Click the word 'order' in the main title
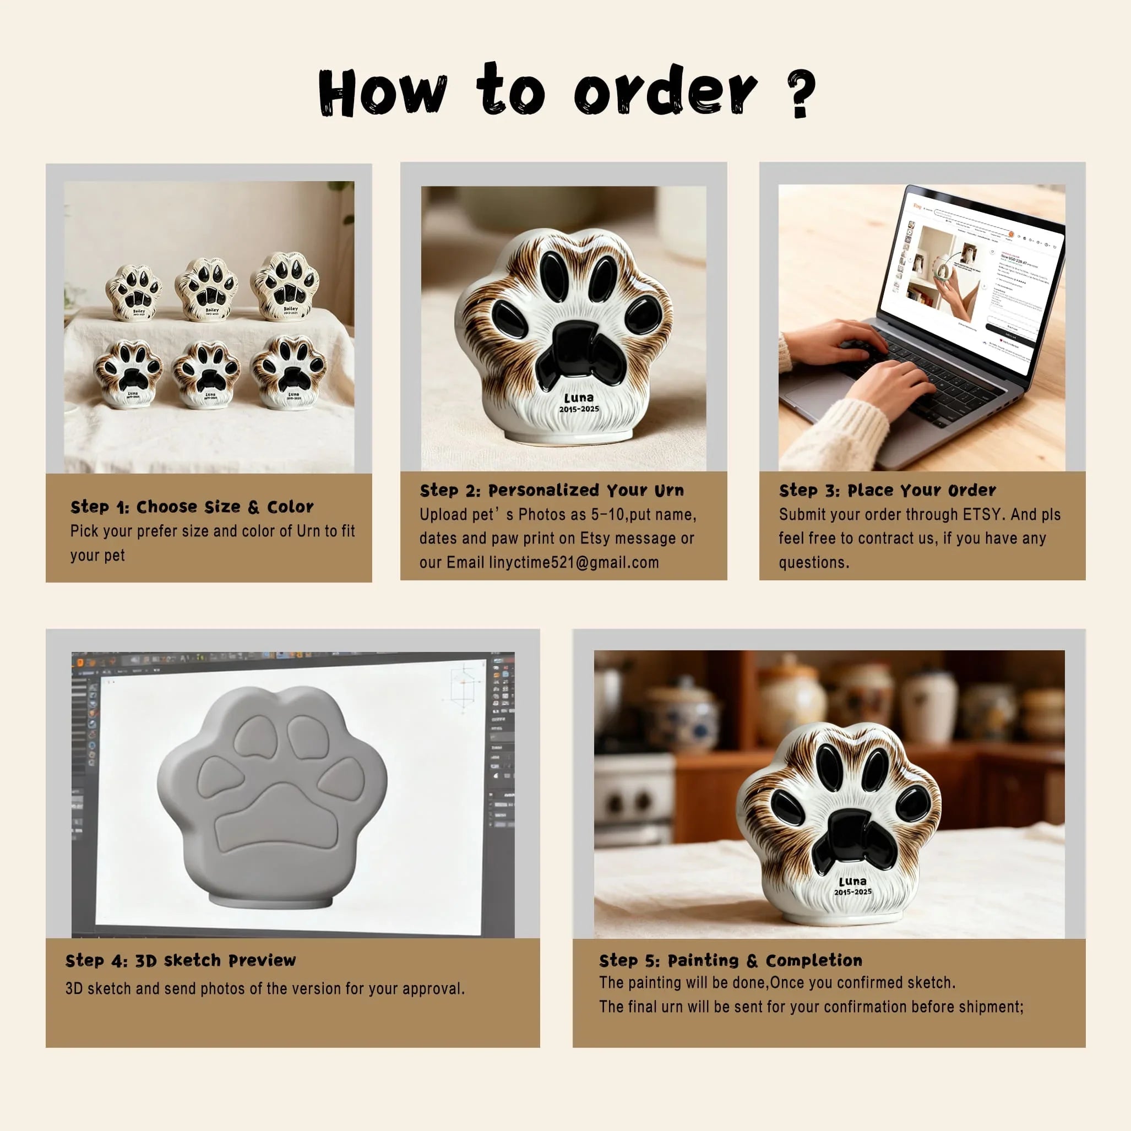click(x=665, y=91)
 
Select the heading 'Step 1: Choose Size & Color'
click(x=192, y=507)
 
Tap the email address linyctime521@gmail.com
click(x=574, y=563)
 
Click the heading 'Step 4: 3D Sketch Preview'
click(x=180, y=961)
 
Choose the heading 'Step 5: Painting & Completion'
click(x=730, y=961)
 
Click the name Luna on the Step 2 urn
click(x=578, y=398)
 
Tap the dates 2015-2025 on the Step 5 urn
click(x=852, y=892)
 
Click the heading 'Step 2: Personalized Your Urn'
click(x=551, y=491)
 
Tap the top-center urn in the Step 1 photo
click(x=206, y=289)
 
